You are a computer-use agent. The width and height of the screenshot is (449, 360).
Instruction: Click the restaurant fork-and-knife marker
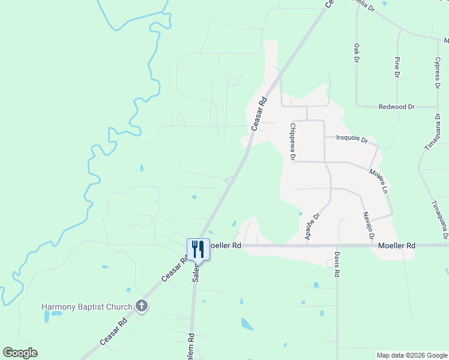point(199,248)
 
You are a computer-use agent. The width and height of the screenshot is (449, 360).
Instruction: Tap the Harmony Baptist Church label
point(86,307)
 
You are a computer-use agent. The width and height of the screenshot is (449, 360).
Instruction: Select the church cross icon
point(142,307)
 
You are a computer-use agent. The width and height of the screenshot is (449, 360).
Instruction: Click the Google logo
point(20,353)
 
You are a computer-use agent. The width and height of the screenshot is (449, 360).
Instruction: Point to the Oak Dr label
point(356,53)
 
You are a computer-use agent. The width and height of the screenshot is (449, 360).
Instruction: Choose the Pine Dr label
point(397,67)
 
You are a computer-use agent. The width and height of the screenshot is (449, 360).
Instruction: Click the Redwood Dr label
point(397,107)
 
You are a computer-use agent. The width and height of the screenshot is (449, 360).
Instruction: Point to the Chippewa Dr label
point(292,142)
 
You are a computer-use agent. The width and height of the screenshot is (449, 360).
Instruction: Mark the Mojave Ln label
point(378,180)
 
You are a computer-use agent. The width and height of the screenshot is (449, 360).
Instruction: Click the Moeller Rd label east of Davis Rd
point(397,245)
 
